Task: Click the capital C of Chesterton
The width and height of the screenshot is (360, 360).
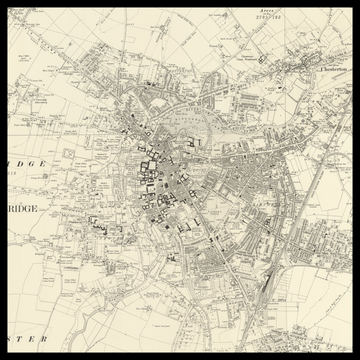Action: (316, 70)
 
